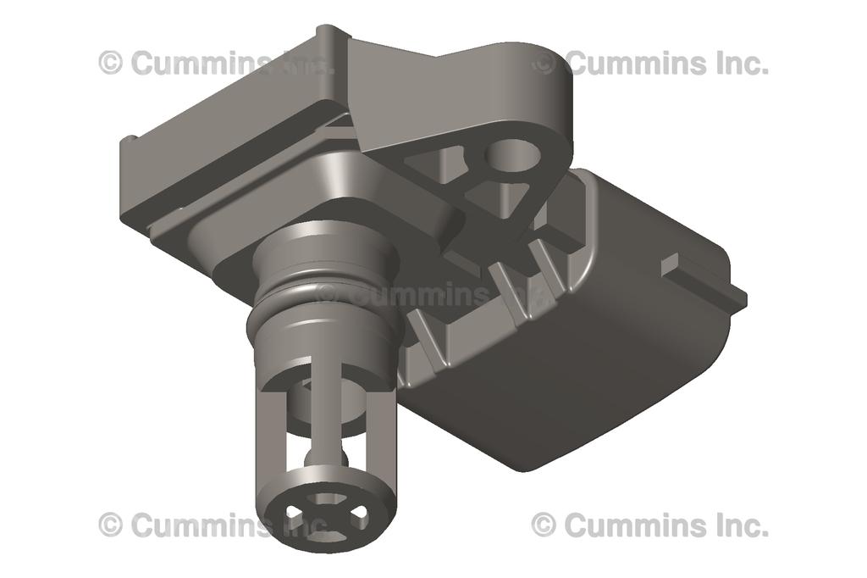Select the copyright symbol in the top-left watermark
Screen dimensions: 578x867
110,63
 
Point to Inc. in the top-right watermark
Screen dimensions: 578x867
743,63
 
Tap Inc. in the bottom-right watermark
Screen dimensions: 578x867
743,525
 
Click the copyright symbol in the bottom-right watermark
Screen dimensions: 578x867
544,525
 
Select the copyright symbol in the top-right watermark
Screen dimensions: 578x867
544,63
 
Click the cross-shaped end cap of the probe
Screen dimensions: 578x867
326,513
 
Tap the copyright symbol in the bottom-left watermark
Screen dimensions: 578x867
110,525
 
